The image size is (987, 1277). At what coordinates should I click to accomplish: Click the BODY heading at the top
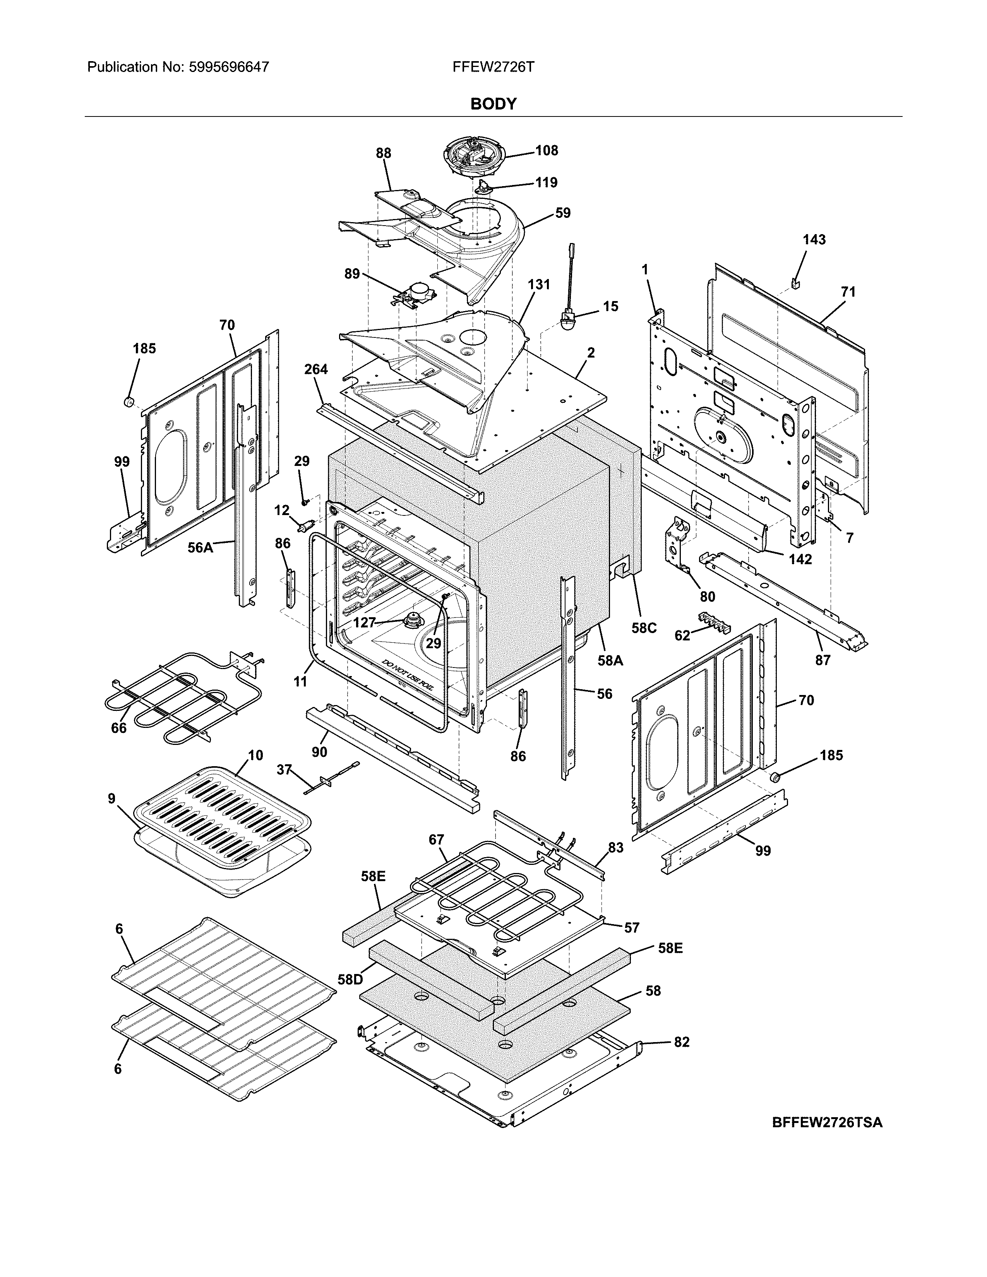point(493,104)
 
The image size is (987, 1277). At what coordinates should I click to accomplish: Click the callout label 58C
point(643,628)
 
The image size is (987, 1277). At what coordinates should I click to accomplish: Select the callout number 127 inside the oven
point(364,623)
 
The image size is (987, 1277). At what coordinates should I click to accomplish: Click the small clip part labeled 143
point(796,283)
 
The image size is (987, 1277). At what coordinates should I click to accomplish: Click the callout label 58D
point(350,979)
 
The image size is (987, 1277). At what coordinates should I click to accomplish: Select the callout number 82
point(681,1042)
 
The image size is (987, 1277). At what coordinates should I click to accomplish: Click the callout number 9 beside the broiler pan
point(112,798)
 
